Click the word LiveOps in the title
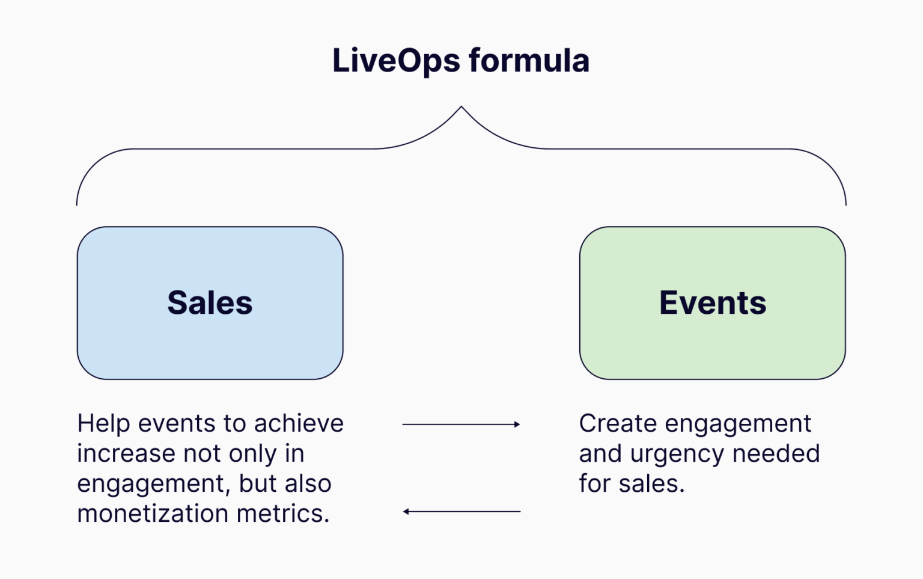[396, 61]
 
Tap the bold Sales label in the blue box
[210, 302]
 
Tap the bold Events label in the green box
[713, 302]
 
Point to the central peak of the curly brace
[461, 108]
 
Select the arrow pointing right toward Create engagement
[461, 424]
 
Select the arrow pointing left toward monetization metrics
[461, 512]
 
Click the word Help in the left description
[103, 423]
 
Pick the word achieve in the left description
[299, 423]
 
